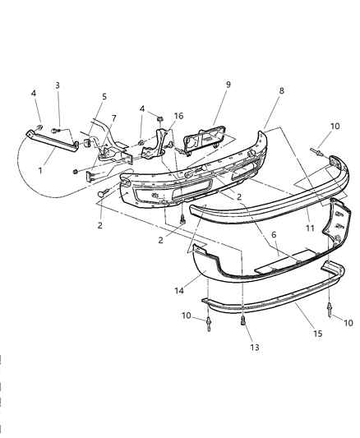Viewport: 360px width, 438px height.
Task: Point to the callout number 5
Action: point(104,96)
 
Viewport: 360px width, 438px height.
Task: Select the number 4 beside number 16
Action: point(141,109)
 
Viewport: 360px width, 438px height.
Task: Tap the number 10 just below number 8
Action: point(334,126)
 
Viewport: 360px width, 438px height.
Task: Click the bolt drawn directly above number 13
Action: point(244,322)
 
